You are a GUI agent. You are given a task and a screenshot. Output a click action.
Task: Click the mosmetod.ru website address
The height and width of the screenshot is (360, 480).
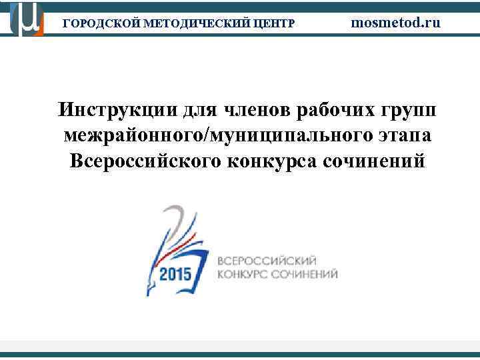[x=396, y=22]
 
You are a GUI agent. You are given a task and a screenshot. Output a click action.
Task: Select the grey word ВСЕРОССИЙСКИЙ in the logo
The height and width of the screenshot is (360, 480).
[x=267, y=261]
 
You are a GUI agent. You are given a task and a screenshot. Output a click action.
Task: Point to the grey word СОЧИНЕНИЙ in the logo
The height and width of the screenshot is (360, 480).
[x=306, y=274]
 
